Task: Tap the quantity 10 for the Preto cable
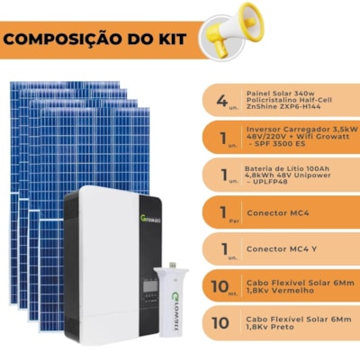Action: tap(221, 323)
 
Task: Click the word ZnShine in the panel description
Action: tap(261, 104)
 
